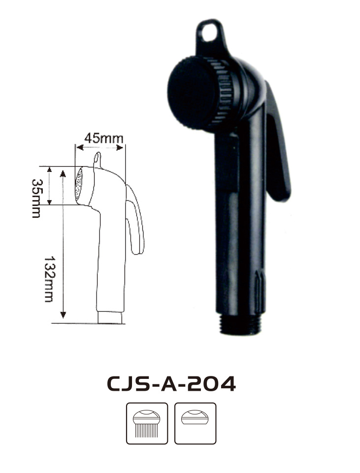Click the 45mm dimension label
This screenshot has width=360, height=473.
(104, 138)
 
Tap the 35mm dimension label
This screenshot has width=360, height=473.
(36, 198)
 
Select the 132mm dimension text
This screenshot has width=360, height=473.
(49, 279)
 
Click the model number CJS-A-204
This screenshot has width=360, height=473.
(171, 384)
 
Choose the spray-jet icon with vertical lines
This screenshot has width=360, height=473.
(147, 423)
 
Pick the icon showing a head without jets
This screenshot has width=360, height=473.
(195, 423)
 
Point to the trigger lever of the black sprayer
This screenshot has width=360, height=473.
(278, 145)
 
